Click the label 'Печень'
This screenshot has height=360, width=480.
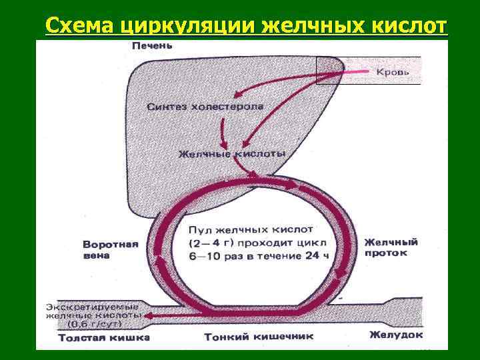[151, 45]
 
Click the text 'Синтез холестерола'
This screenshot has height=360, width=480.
[205, 107]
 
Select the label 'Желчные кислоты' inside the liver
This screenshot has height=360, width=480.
[232, 154]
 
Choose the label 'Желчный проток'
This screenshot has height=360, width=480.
[391, 247]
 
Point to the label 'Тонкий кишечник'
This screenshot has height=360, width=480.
[246, 337]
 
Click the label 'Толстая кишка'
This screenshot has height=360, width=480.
[103, 337]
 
